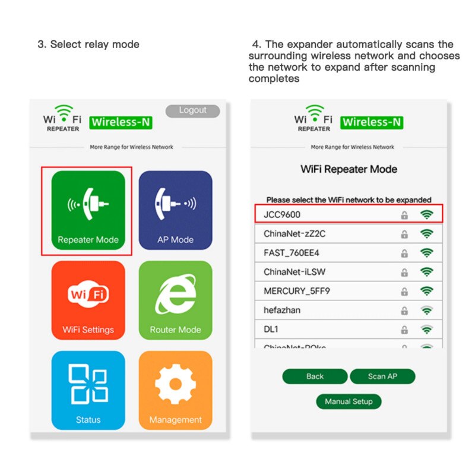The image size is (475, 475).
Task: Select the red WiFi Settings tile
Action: (x=88, y=300)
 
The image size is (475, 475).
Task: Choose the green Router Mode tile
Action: (x=175, y=300)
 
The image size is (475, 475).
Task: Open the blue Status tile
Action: (x=88, y=390)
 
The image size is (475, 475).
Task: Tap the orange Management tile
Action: (x=175, y=390)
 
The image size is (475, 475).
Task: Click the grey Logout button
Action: (x=192, y=110)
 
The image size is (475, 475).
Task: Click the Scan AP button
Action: (x=382, y=376)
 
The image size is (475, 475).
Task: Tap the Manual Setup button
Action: (x=349, y=401)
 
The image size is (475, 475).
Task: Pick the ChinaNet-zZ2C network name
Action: (x=294, y=234)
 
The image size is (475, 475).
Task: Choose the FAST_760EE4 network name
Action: (x=292, y=253)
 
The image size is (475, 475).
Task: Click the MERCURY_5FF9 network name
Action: (x=296, y=291)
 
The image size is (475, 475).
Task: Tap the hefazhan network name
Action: (x=283, y=310)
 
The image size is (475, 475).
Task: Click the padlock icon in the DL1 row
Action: (x=404, y=330)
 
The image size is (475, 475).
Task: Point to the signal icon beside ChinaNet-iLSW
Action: (x=426, y=272)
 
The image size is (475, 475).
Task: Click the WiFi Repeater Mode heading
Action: (x=349, y=169)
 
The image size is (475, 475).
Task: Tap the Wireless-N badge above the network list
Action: (x=372, y=122)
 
